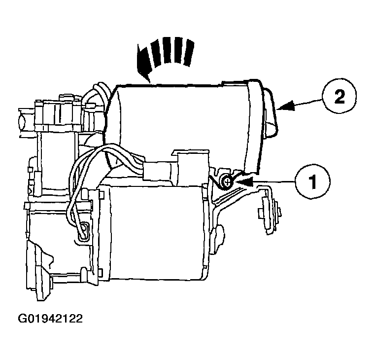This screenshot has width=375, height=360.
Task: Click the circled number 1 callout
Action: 312,181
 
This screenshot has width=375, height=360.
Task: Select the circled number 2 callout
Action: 340,96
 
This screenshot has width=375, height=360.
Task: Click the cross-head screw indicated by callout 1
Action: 227,182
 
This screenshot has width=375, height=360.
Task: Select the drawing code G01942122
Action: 50,319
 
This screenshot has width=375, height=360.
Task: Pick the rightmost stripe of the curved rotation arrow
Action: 189,53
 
